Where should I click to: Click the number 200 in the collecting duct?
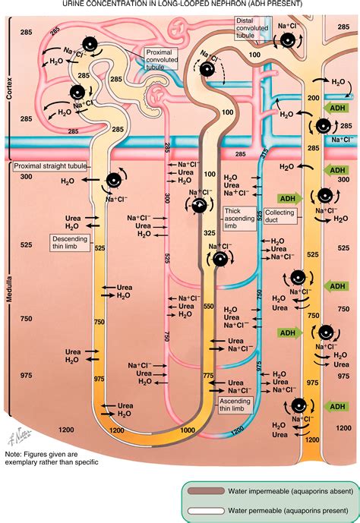coord(313,99)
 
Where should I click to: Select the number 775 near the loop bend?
coord(208,375)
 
